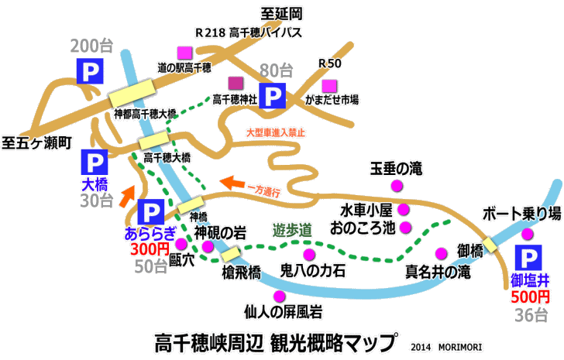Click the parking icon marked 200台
click(91, 72)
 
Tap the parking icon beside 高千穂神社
click(272, 96)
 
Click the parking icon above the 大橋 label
click(95, 163)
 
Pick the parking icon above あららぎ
click(149, 211)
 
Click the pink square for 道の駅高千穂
click(184, 53)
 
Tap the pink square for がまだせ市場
click(330, 85)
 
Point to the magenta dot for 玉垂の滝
click(396, 186)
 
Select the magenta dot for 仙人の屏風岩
click(279, 296)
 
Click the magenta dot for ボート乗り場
click(528, 234)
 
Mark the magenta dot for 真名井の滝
click(441, 253)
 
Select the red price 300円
click(149, 249)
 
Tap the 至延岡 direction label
click(279, 13)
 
